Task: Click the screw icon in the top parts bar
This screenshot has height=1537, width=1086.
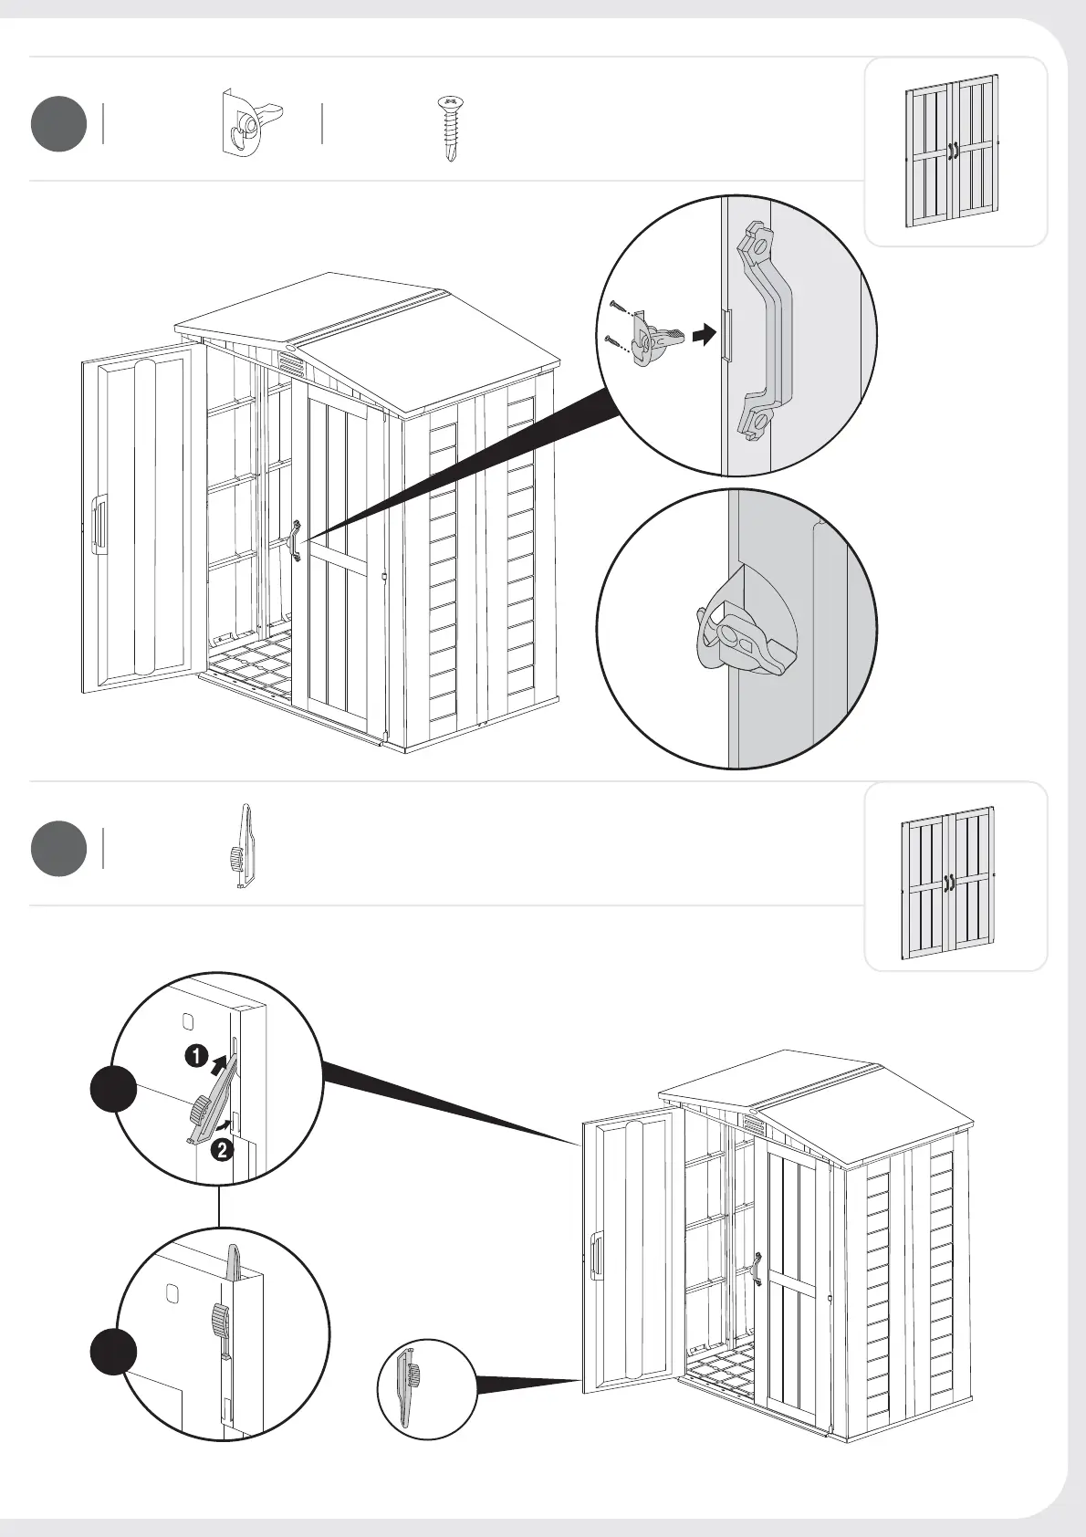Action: (449, 128)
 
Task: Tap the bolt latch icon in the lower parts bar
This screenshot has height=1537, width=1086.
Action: (242, 846)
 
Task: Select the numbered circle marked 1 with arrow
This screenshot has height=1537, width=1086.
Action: (195, 1057)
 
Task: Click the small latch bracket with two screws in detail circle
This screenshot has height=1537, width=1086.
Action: (654, 339)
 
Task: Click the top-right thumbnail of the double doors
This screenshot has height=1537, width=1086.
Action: (952, 152)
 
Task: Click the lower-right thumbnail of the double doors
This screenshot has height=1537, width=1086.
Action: (949, 882)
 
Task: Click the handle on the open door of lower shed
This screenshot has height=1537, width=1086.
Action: (597, 1254)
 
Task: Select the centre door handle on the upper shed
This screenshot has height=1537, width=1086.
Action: (296, 539)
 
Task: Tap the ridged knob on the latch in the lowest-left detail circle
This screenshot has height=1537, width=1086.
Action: (219, 1318)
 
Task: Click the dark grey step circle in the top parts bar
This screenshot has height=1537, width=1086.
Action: (58, 124)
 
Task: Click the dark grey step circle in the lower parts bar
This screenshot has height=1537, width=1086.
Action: (58, 849)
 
